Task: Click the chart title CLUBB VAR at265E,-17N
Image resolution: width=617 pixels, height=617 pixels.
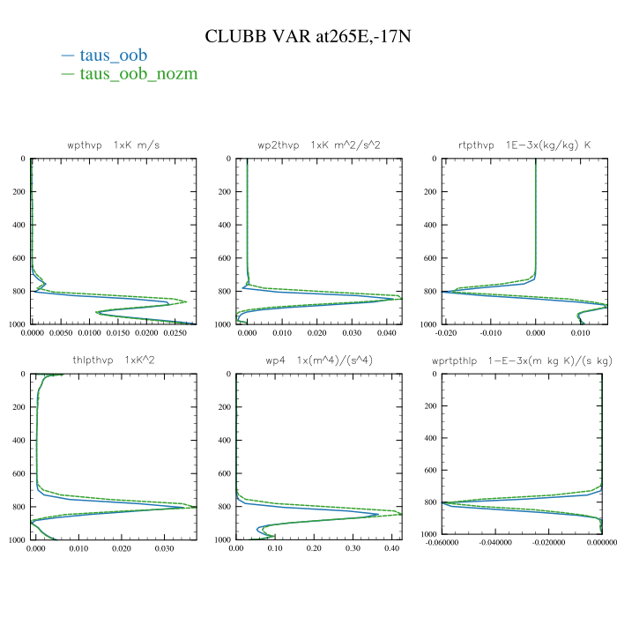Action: pos(308,37)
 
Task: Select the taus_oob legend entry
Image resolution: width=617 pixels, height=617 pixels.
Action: pos(114,56)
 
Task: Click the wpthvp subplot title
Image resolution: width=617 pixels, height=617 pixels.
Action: pos(114,144)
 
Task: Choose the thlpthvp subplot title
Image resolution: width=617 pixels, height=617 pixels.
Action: pos(114,360)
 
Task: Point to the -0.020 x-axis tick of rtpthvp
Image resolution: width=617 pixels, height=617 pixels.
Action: pos(447,334)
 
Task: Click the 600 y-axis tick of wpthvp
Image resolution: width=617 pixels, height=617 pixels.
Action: pos(19,258)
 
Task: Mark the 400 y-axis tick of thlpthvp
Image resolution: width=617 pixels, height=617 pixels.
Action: pos(19,441)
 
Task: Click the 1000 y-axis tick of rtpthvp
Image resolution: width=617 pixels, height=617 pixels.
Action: pos(427,324)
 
